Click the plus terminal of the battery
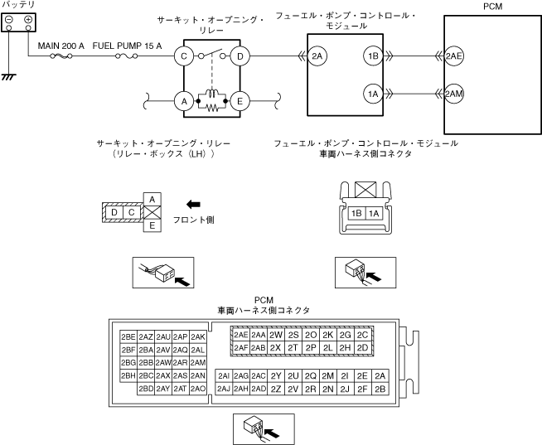28,19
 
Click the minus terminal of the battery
9,19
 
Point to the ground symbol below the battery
9,75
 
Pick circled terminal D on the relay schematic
240,56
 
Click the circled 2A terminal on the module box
317,56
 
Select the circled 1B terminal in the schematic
372,56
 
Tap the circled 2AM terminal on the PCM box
453,94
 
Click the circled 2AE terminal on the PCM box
453,56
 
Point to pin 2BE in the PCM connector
128,336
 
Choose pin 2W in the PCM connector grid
276,335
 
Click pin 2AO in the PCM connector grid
197,388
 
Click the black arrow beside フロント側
192,204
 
